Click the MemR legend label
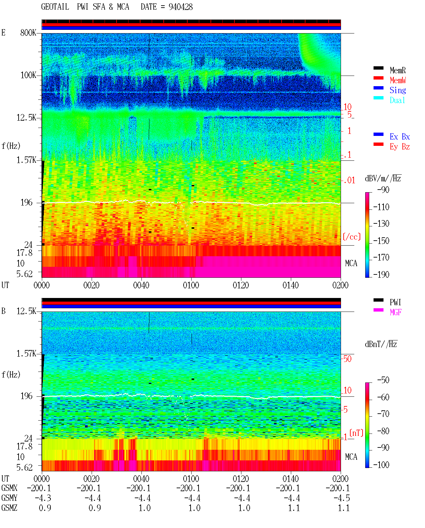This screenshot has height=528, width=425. coord(397,70)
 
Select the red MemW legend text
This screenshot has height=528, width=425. coord(398,80)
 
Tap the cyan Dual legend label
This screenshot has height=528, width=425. coord(397,100)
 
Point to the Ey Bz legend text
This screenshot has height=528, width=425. coord(400,147)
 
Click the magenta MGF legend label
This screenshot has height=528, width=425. coord(395,312)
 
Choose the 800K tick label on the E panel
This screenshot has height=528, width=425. coord(28,32)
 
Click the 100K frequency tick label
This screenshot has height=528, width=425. coord(28,75)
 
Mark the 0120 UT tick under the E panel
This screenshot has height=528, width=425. coord(241,285)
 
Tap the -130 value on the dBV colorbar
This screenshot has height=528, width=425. coord(381,224)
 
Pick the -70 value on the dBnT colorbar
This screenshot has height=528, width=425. coord(383,414)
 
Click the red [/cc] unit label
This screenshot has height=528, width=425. coord(352,237)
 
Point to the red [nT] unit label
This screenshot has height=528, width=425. coord(356,433)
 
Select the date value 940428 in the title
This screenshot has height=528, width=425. coord(181,7)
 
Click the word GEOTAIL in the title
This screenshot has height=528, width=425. coord(55,7)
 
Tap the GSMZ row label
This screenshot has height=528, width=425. coord(9,508)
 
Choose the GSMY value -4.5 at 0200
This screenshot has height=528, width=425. coord(342,498)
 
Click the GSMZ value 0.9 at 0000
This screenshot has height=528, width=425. coord(45,508)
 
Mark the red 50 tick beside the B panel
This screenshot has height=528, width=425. coord(347,359)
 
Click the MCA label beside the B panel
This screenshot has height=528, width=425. coord(351,457)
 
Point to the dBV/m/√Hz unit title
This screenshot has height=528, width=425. coord(383,178)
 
